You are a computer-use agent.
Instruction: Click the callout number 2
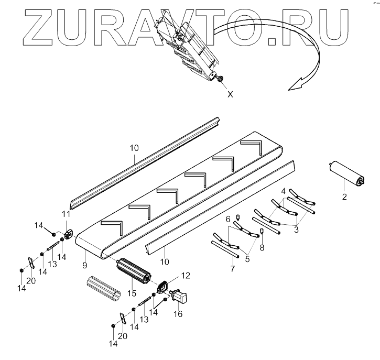[x=344, y=198]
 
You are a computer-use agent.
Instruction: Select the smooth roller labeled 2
[x=345, y=173]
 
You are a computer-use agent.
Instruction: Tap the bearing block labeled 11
[x=69, y=233]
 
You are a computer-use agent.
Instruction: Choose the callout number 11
[x=66, y=214]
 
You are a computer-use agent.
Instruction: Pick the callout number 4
[x=284, y=192]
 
